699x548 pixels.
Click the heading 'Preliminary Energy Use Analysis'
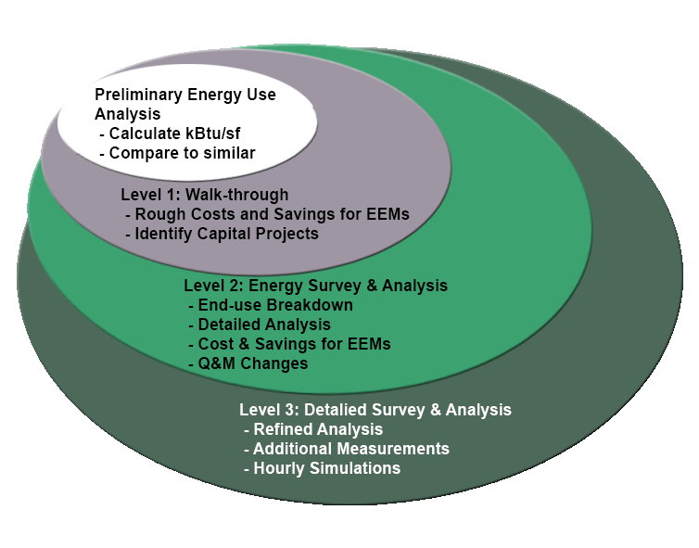click(x=184, y=104)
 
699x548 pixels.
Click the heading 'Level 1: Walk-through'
click(x=205, y=195)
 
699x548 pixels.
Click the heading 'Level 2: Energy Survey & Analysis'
click(x=315, y=286)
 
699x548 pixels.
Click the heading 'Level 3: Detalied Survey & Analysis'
click(x=375, y=410)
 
